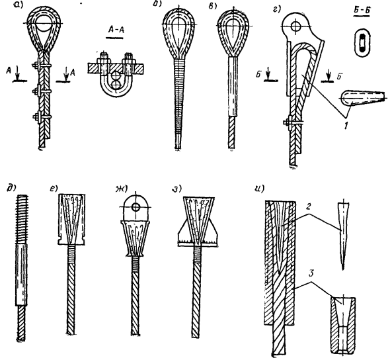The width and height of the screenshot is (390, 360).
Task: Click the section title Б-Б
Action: click(361, 11)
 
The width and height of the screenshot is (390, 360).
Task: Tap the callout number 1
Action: click(345, 126)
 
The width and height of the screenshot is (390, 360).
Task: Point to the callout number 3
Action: click(311, 274)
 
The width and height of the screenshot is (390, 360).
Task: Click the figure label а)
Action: click(19, 5)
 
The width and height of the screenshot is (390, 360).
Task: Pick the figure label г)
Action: click(276, 10)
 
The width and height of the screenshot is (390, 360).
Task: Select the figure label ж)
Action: click(120, 189)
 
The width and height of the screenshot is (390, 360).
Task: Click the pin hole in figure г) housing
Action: click(295, 26)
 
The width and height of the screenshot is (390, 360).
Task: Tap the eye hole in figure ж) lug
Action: click(136, 206)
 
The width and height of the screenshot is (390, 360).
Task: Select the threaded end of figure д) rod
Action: click(22, 219)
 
